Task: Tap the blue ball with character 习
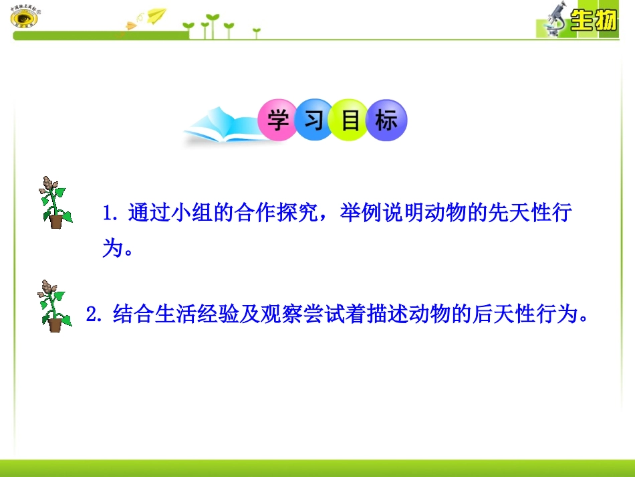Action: click(x=313, y=121)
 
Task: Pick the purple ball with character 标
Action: click(x=386, y=121)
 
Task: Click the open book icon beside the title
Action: click(x=217, y=126)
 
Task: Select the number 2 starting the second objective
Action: click(x=93, y=314)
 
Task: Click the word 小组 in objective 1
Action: click(x=194, y=214)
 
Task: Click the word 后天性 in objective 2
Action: click(x=498, y=314)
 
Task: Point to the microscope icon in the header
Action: click(x=555, y=20)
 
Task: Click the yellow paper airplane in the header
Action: click(x=156, y=15)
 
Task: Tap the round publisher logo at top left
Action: click(x=25, y=19)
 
